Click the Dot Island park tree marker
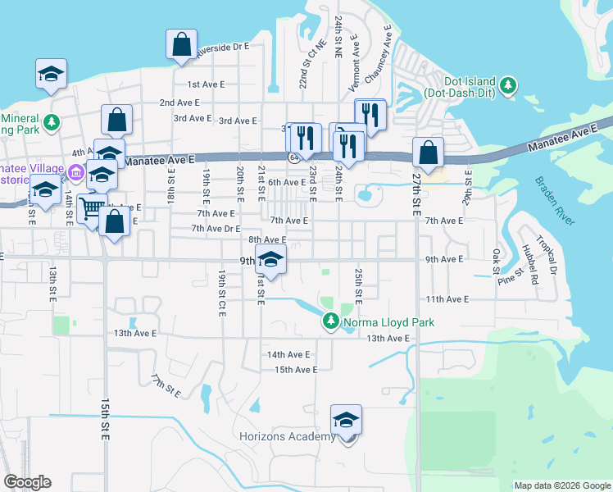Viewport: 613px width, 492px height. click(x=508, y=84)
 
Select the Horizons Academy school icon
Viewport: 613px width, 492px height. click(x=346, y=421)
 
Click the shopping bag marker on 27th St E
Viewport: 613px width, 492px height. click(x=428, y=152)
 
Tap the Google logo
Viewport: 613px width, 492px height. click(x=27, y=482)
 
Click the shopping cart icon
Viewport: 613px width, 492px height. click(x=92, y=208)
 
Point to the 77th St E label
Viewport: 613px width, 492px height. click(x=165, y=384)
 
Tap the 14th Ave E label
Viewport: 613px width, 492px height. click(x=288, y=354)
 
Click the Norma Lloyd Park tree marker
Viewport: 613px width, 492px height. click(x=330, y=321)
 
